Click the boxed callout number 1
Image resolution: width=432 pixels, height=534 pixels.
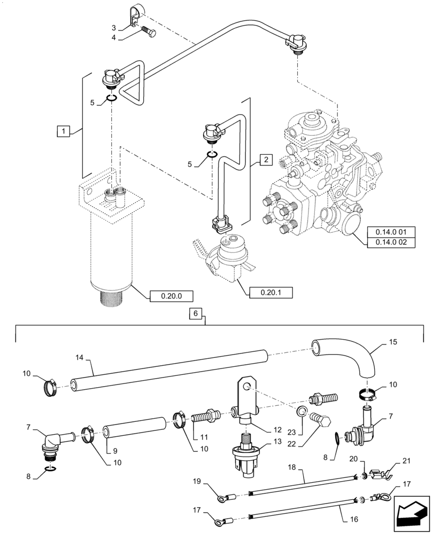[x=63, y=130]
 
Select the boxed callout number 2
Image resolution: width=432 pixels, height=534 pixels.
[x=266, y=159]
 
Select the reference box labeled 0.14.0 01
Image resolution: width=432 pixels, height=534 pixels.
[x=392, y=232]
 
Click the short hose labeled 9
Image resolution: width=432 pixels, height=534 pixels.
[x=134, y=430]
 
